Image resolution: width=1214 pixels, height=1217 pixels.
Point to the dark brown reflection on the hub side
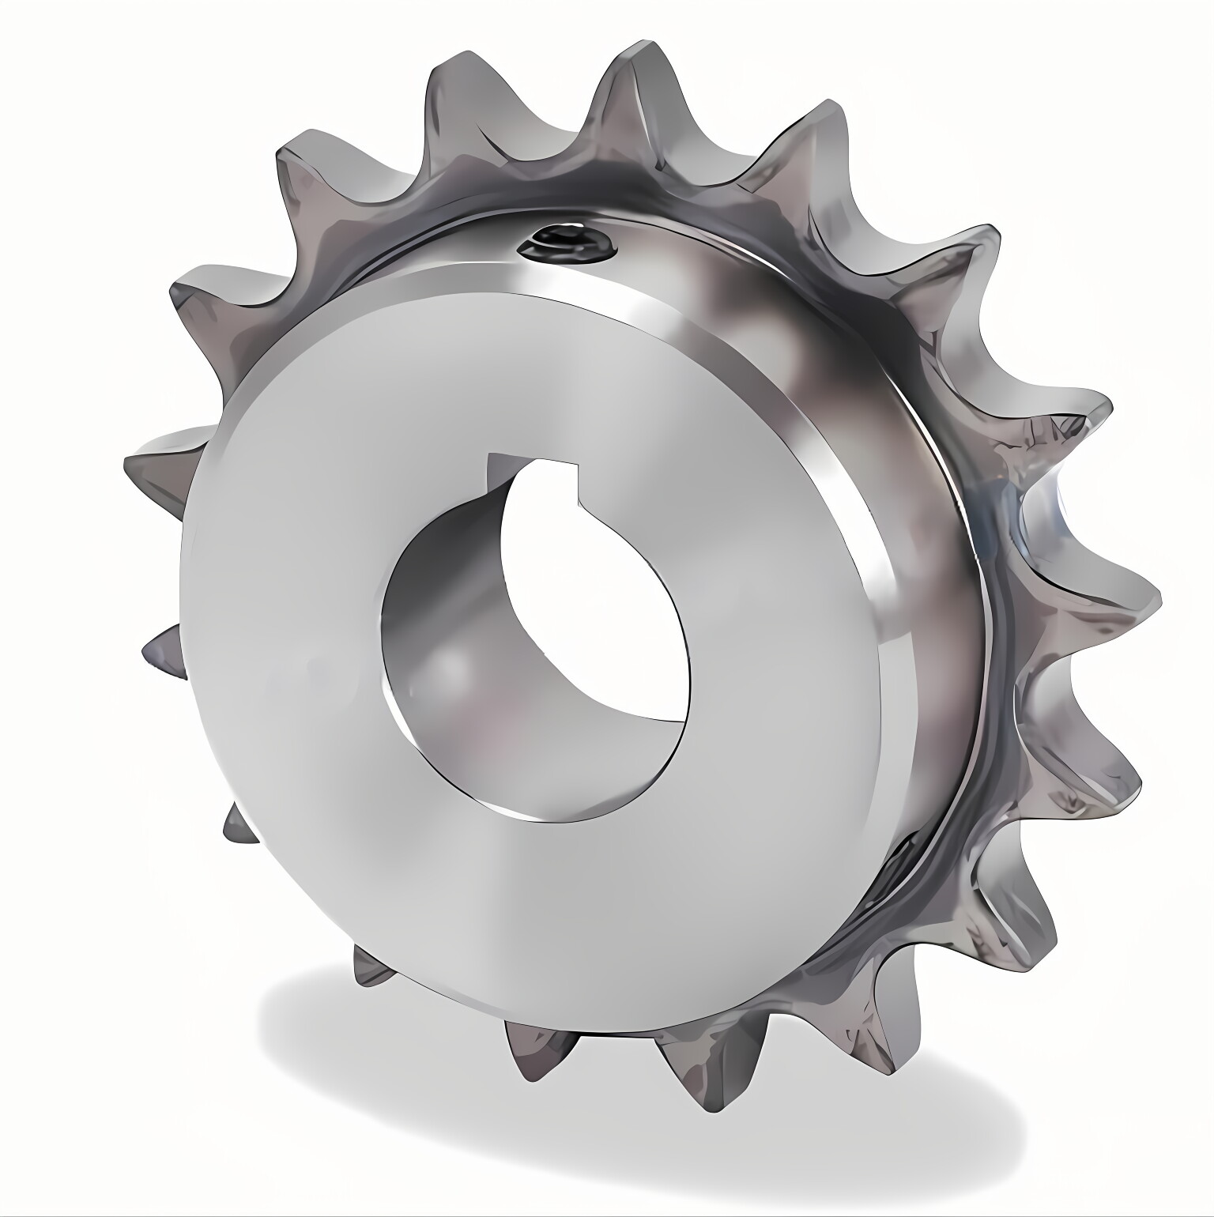pyautogui.click(x=759, y=300)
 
